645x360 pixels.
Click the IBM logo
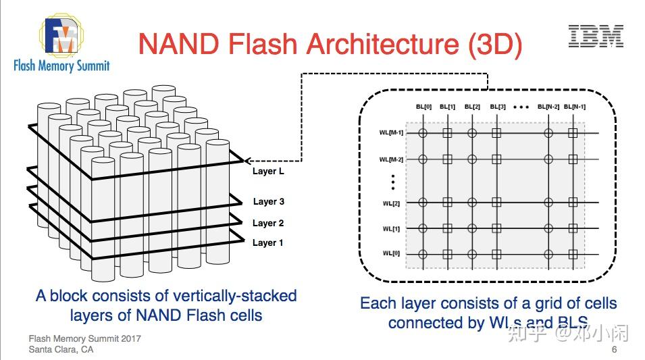596,36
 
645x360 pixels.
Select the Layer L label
268,172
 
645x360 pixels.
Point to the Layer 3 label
268,201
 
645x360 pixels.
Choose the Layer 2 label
268,223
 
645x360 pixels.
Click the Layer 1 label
268,242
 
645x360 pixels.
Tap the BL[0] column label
423,107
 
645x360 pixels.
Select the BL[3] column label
497,107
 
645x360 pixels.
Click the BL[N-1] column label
573,107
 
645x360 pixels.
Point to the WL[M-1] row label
391,133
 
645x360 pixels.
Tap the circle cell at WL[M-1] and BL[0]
423,133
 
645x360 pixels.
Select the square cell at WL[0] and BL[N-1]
573,255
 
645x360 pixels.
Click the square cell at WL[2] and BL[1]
447,203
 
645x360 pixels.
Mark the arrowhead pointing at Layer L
247,161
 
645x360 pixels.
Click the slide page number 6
614,350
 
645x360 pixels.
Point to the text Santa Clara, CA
61,349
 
